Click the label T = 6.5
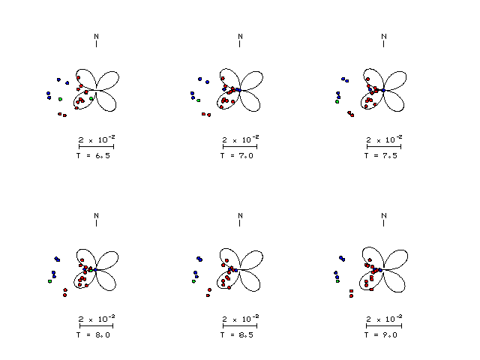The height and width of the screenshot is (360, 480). (x=93, y=156)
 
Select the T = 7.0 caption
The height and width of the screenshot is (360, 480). (x=237, y=156)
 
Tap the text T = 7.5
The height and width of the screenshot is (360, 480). (x=381, y=156)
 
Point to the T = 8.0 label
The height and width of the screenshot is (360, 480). (x=93, y=335)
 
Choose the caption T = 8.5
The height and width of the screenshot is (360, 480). (x=237, y=335)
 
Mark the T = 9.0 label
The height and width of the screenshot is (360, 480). (x=381, y=335)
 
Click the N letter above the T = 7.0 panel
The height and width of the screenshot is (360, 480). (x=240, y=37)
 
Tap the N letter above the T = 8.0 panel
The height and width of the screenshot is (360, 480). (x=97, y=216)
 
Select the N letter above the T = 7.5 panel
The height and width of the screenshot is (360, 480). (x=384, y=37)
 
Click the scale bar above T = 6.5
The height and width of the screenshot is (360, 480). (x=96, y=147)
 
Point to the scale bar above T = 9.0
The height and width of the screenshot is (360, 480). (x=384, y=326)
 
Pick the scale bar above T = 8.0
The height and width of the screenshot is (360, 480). (x=96, y=326)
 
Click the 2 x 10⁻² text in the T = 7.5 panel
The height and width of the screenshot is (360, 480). (x=385, y=139)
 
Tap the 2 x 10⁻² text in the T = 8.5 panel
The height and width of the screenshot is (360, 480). (x=241, y=319)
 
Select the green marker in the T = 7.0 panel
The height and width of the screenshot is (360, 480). (x=199, y=100)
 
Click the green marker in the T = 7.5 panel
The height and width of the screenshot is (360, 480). (x=337, y=102)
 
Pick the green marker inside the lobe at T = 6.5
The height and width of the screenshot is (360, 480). (x=91, y=98)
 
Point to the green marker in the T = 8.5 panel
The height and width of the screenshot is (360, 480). (x=193, y=281)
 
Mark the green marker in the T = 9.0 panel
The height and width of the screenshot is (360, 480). (x=338, y=281)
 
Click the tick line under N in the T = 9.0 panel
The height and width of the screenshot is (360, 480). (x=383, y=223)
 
